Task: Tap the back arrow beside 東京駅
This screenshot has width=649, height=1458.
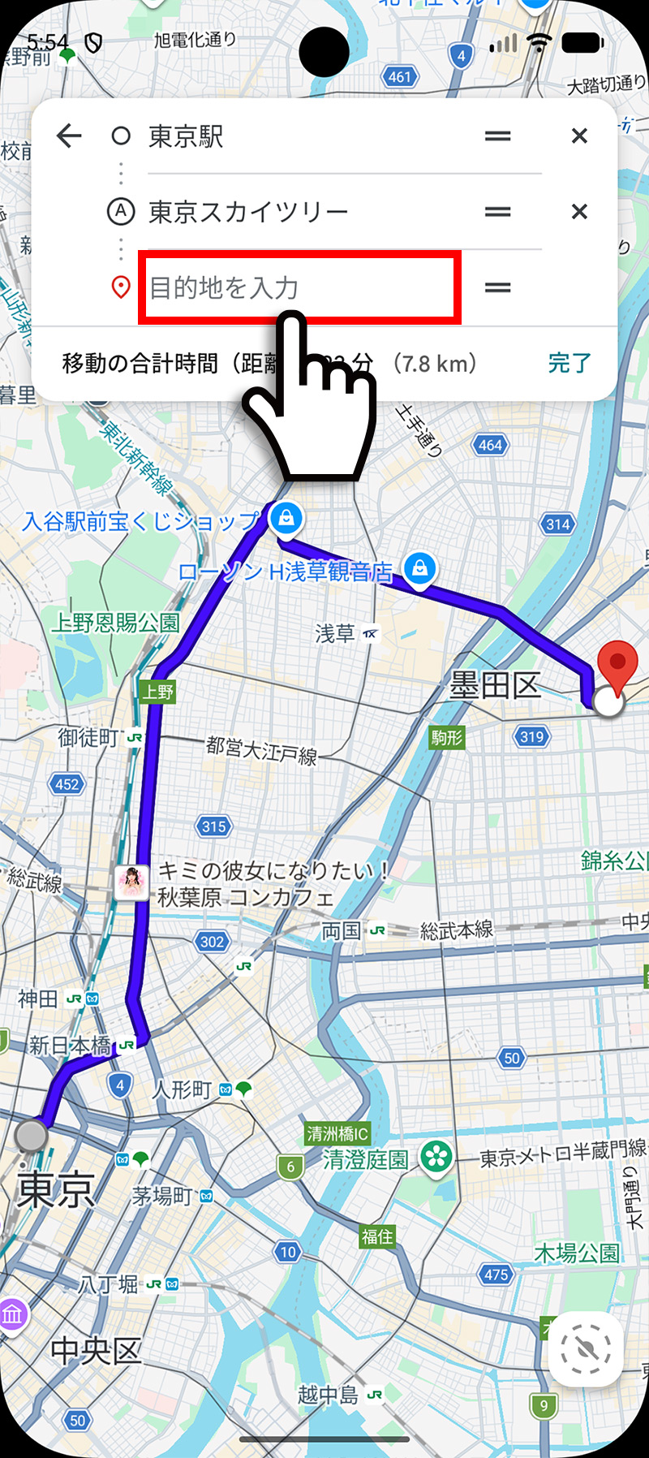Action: click(70, 136)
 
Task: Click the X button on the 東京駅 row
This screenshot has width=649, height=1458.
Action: click(579, 136)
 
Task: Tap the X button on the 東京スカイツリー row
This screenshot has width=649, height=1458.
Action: click(579, 212)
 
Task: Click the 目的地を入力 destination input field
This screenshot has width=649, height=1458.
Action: click(299, 287)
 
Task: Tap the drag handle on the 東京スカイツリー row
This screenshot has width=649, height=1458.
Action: click(497, 212)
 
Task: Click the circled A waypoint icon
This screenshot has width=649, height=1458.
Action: click(121, 212)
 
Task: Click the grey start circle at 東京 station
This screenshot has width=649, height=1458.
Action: click(32, 1135)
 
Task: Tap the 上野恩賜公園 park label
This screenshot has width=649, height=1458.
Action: click(115, 623)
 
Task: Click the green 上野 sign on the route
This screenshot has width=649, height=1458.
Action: click(158, 692)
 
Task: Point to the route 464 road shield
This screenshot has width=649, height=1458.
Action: click(490, 445)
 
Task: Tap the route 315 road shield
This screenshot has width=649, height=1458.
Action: click(213, 826)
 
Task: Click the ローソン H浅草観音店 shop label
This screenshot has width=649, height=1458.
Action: click(285, 572)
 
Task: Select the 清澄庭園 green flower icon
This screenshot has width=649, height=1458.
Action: click(436, 1157)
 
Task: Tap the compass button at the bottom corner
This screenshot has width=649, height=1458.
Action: click(586, 1348)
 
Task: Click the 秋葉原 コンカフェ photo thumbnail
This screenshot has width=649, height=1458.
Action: click(131, 882)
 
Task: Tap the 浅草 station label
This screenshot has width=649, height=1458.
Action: click(335, 633)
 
